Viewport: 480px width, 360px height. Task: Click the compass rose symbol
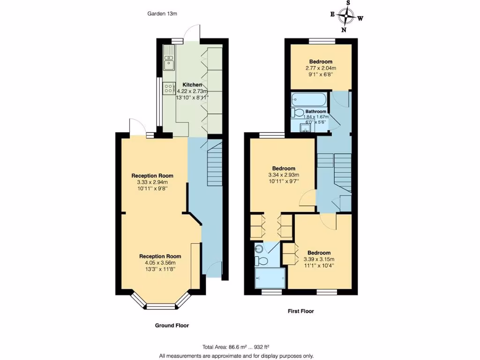coord(347,16)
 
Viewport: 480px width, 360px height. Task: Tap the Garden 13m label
coord(162,14)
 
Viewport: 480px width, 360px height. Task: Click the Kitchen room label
coord(192,84)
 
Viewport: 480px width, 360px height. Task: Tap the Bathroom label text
coord(312,112)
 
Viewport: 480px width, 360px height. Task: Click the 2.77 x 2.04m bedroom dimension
coord(321,68)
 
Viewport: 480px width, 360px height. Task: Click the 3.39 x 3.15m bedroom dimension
coord(319,259)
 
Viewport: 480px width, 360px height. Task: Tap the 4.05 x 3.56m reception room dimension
coord(160,263)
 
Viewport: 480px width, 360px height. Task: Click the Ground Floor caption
coord(172,325)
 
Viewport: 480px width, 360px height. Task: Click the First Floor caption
coord(300,311)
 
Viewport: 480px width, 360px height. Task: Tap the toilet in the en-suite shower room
coord(262,260)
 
